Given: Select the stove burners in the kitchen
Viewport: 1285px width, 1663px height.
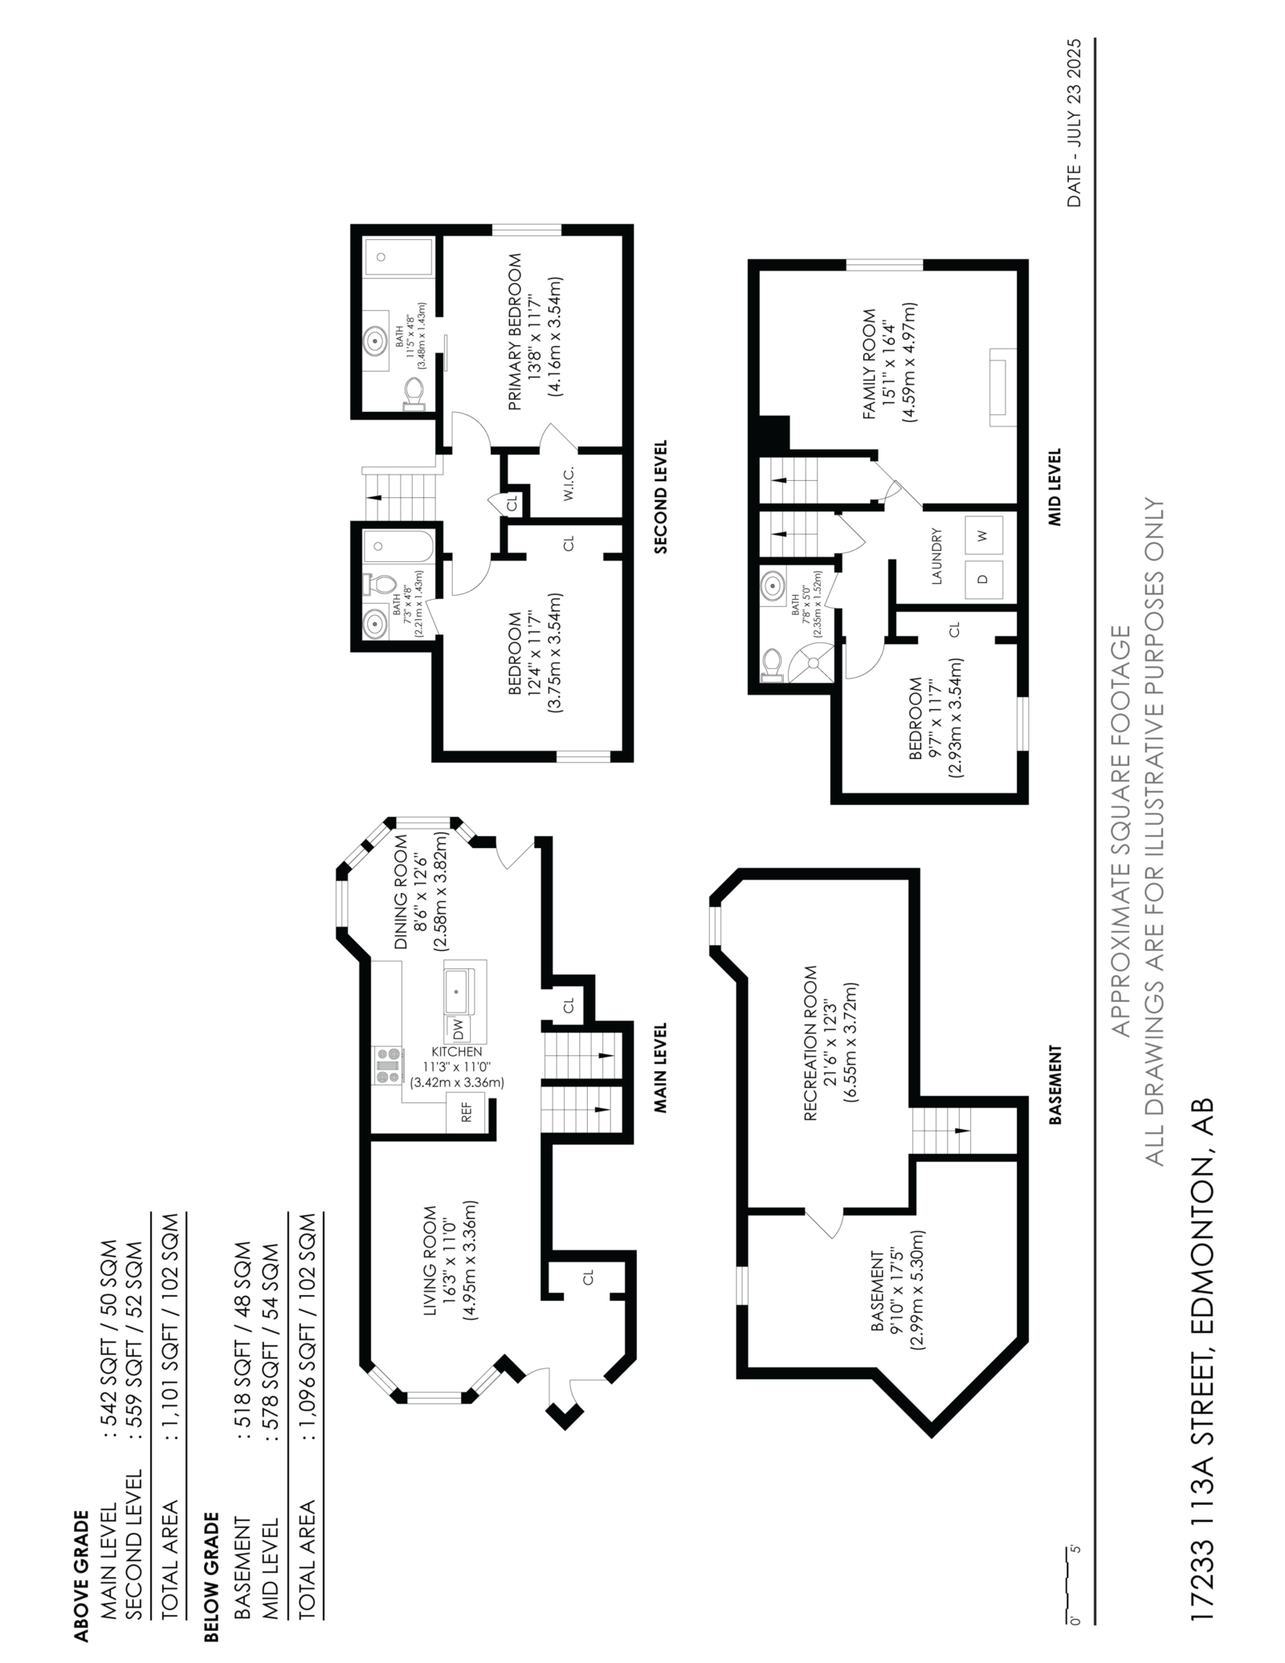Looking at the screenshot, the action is pos(386,1066).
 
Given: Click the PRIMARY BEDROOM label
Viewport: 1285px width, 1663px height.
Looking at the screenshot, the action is pos(515,332).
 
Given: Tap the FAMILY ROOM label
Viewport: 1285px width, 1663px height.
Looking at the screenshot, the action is pos(869,363).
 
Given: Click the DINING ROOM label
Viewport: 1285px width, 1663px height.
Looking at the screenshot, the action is pos(401,892).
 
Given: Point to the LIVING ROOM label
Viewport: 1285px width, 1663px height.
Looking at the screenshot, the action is pos(430,1262).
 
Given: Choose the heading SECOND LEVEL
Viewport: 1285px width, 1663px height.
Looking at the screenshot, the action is pos(660,496).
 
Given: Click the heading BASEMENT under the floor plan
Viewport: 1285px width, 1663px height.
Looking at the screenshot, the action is pos(1055,1083).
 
